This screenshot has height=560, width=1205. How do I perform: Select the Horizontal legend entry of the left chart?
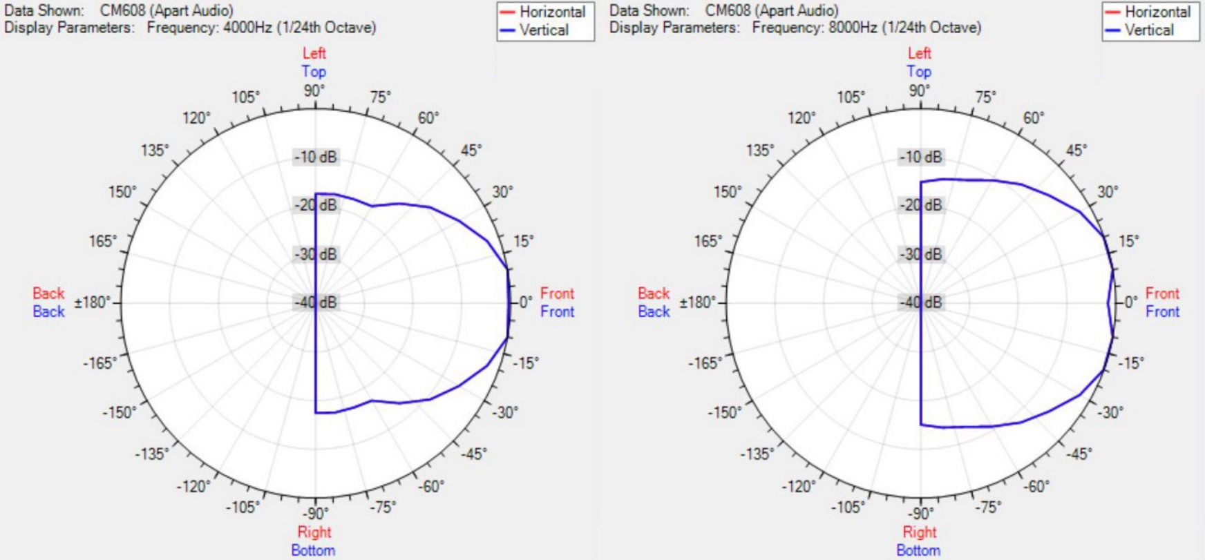[x=552, y=12]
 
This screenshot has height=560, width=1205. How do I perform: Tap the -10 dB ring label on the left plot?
[x=316, y=157]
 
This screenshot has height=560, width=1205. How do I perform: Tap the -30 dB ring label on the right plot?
[x=921, y=254]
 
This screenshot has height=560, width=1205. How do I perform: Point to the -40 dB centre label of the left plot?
[x=316, y=302]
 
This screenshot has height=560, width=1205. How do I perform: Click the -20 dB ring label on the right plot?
[x=921, y=205]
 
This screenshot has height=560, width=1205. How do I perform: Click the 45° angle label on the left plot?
[x=471, y=150]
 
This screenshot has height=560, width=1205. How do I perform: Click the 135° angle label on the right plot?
[x=760, y=150]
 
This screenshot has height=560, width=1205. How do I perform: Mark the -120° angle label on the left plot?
[x=193, y=486]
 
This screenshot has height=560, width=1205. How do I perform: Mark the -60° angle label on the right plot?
[x=1036, y=486]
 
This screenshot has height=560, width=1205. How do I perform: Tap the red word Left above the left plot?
[x=314, y=53]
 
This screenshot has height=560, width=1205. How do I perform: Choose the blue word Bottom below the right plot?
[x=918, y=550]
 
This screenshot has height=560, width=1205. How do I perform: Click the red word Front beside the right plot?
[x=1162, y=293]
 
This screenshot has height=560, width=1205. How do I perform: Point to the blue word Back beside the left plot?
[x=48, y=311]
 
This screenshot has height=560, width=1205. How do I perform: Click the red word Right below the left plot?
[x=314, y=532]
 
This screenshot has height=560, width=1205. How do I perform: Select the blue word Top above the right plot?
[x=919, y=71]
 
